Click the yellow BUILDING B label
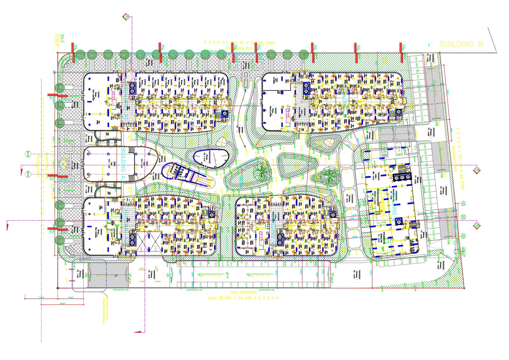461,44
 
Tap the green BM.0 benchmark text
62,39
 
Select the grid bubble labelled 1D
463,204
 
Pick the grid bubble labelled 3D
463,236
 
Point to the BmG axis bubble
28,154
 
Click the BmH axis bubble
28,174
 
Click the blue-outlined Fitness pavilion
212,158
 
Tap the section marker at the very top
126,17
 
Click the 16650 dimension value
62,303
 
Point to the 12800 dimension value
41,297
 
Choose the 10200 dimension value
70,297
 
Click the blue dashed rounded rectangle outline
89,275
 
